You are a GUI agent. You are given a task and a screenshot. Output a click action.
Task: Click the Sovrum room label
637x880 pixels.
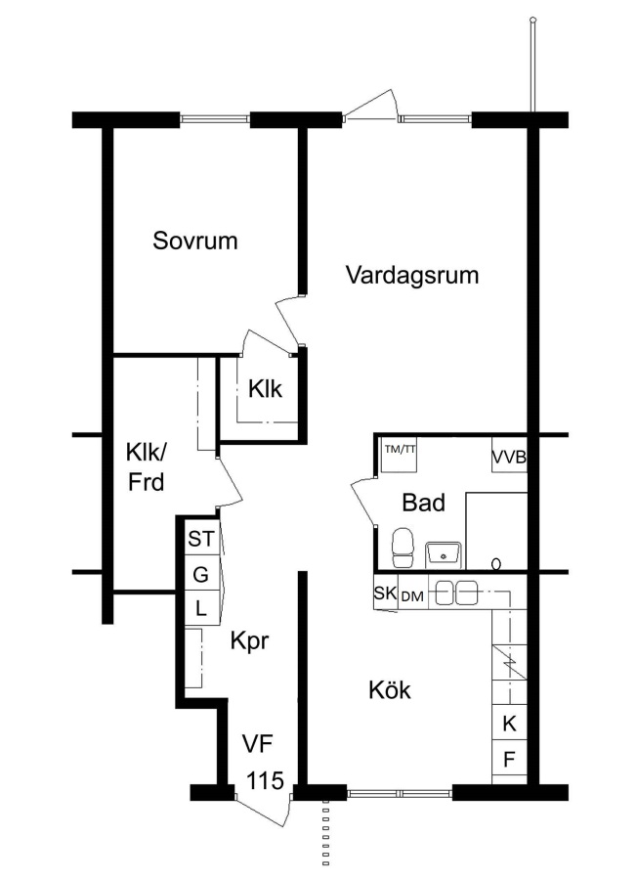(x=195, y=241)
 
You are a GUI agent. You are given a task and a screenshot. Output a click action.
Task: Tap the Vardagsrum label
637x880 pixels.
(x=412, y=275)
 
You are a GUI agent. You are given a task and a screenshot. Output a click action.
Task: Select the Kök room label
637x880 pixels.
(x=390, y=689)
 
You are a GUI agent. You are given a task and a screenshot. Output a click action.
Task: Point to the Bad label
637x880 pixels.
(x=424, y=503)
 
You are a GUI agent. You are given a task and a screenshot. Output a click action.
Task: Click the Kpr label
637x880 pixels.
(x=249, y=640)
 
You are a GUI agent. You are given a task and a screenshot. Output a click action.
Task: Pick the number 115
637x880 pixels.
(x=266, y=780)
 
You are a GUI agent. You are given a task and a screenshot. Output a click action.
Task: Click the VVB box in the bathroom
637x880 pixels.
(x=510, y=457)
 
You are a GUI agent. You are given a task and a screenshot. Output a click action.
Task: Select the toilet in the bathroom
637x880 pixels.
(x=403, y=548)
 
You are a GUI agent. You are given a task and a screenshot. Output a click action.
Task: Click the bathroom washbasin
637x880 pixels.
(x=444, y=554)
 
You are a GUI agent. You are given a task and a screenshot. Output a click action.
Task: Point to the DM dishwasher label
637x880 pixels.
(x=412, y=596)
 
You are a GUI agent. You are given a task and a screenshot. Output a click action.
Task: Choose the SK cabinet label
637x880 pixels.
(x=385, y=593)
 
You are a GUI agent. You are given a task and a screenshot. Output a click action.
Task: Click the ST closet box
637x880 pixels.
(x=201, y=539)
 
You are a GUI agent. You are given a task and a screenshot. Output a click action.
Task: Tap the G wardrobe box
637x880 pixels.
(x=200, y=574)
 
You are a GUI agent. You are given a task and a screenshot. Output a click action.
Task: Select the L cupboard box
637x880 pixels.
(x=200, y=608)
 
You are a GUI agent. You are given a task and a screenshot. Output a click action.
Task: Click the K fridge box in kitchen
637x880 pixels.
(x=509, y=724)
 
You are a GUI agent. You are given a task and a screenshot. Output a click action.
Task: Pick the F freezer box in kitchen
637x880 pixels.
(x=509, y=759)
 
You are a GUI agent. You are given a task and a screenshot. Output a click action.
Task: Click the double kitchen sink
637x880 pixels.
(x=456, y=594)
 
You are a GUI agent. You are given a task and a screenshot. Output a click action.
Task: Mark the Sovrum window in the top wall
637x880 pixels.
(x=215, y=119)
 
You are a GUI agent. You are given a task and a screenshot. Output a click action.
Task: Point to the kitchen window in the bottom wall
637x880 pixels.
(x=400, y=793)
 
